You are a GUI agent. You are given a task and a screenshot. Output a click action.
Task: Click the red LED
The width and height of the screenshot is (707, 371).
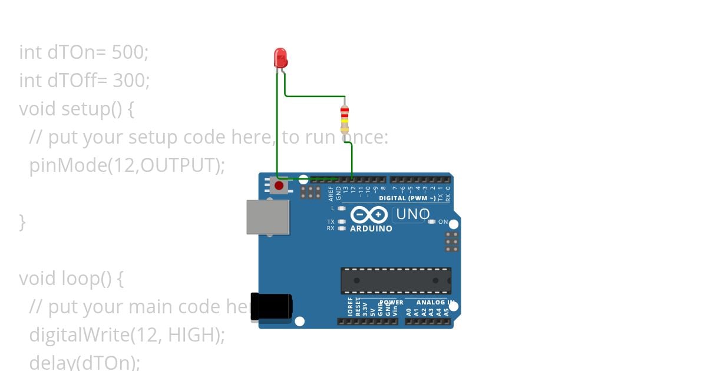click(x=280, y=58)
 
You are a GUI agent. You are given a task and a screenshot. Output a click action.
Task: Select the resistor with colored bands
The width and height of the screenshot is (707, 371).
click(x=345, y=120)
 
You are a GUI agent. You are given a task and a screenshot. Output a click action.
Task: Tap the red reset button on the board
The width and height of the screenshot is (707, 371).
click(x=279, y=186)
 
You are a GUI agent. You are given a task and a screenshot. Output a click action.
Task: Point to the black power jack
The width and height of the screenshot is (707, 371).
click(x=271, y=307)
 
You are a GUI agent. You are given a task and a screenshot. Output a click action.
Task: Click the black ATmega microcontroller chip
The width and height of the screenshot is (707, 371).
click(x=395, y=280)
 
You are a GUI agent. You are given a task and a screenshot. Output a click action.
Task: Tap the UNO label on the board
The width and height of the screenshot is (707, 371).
click(x=413, y=214)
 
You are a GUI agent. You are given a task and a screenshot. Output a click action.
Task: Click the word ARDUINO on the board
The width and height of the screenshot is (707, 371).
click(x=371, y=228)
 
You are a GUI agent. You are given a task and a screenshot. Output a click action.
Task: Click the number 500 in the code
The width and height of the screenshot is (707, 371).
click(x=130, y=52)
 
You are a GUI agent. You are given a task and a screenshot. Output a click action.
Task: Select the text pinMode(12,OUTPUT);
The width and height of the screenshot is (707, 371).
click(x=127, y=165)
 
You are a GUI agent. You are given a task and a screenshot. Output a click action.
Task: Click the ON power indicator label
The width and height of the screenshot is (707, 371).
click(x=443, y=222)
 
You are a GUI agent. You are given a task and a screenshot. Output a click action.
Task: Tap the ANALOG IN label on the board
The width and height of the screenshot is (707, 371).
click(x=435, y=303)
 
